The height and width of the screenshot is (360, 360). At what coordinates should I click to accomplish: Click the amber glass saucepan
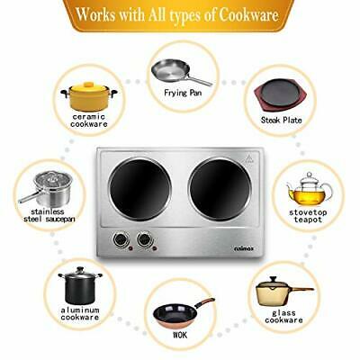(280, 292)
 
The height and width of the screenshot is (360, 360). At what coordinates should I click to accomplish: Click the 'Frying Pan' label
(183, 93)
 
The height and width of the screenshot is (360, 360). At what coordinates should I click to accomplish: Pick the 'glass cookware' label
(283, 316)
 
